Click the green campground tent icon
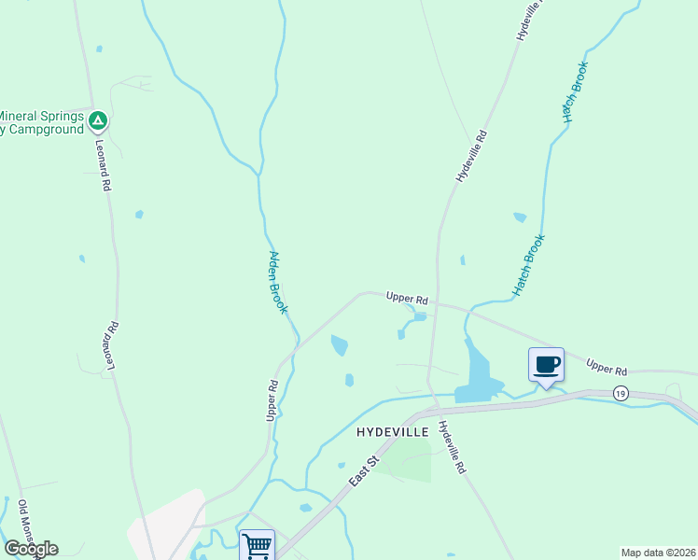pos(98,119)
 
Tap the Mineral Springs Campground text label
pos(42,122)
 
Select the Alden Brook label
pos(278,282)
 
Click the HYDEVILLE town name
pos(392,432)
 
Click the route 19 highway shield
pos(621,394)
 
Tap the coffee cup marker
pos(546,364)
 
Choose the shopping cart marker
pos(257,544)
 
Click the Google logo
pos(31,549)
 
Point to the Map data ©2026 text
pos(658,552)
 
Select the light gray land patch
pos(168,523)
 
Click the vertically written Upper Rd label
pos(272,399)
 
